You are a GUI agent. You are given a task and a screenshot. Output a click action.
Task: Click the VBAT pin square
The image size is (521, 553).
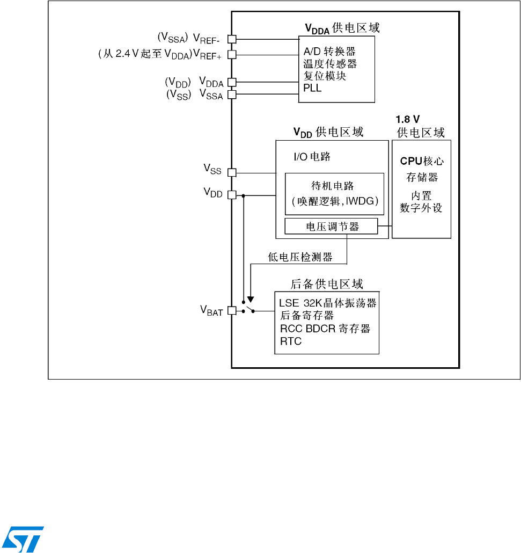tap(232, 310)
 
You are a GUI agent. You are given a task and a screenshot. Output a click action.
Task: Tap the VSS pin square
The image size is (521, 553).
tap(232, 172)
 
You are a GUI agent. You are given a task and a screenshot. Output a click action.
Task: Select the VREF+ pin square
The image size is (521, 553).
tap(232, 54)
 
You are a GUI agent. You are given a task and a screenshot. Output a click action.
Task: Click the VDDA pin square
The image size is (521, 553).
tap(232, 82)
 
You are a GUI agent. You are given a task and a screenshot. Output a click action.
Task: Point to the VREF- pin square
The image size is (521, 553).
tap(232, 39)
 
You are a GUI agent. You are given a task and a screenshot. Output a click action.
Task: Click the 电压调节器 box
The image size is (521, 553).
tap(332, 227)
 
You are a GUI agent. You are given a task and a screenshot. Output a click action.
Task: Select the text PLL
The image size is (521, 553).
tap(312, 88)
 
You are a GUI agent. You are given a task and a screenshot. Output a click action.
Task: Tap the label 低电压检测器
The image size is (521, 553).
tap(300, 257)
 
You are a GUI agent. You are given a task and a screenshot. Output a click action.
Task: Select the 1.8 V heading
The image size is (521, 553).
tap(407, 120)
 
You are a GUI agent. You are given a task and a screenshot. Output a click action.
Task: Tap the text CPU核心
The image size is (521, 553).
tap(422, 161)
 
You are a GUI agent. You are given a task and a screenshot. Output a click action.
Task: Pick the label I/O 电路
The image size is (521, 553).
tap(312, 157)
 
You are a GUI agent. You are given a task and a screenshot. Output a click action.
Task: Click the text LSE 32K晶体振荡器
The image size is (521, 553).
tap(327, 303)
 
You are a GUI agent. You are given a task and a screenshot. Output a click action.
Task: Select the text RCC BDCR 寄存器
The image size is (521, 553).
tap(325, 329)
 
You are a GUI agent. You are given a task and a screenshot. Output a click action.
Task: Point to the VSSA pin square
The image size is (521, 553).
tap(232, 94)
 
